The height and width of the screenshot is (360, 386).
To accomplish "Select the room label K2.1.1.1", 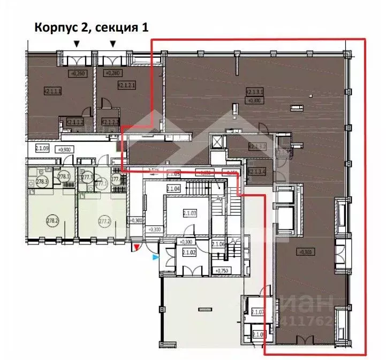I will point(52,91).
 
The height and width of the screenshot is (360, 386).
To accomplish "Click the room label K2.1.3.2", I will point(257,146).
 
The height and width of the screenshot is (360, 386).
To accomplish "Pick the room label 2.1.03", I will point(189,213).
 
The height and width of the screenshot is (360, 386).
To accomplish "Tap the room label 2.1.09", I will point(42,148).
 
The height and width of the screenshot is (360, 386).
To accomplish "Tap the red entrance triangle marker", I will point(137,247).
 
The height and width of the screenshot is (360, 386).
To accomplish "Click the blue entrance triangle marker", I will point(156,257).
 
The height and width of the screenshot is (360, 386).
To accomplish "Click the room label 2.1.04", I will point(173,188).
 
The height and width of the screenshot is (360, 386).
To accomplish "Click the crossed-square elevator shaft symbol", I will point(217,142).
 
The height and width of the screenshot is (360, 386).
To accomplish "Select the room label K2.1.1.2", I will point(74,122).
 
